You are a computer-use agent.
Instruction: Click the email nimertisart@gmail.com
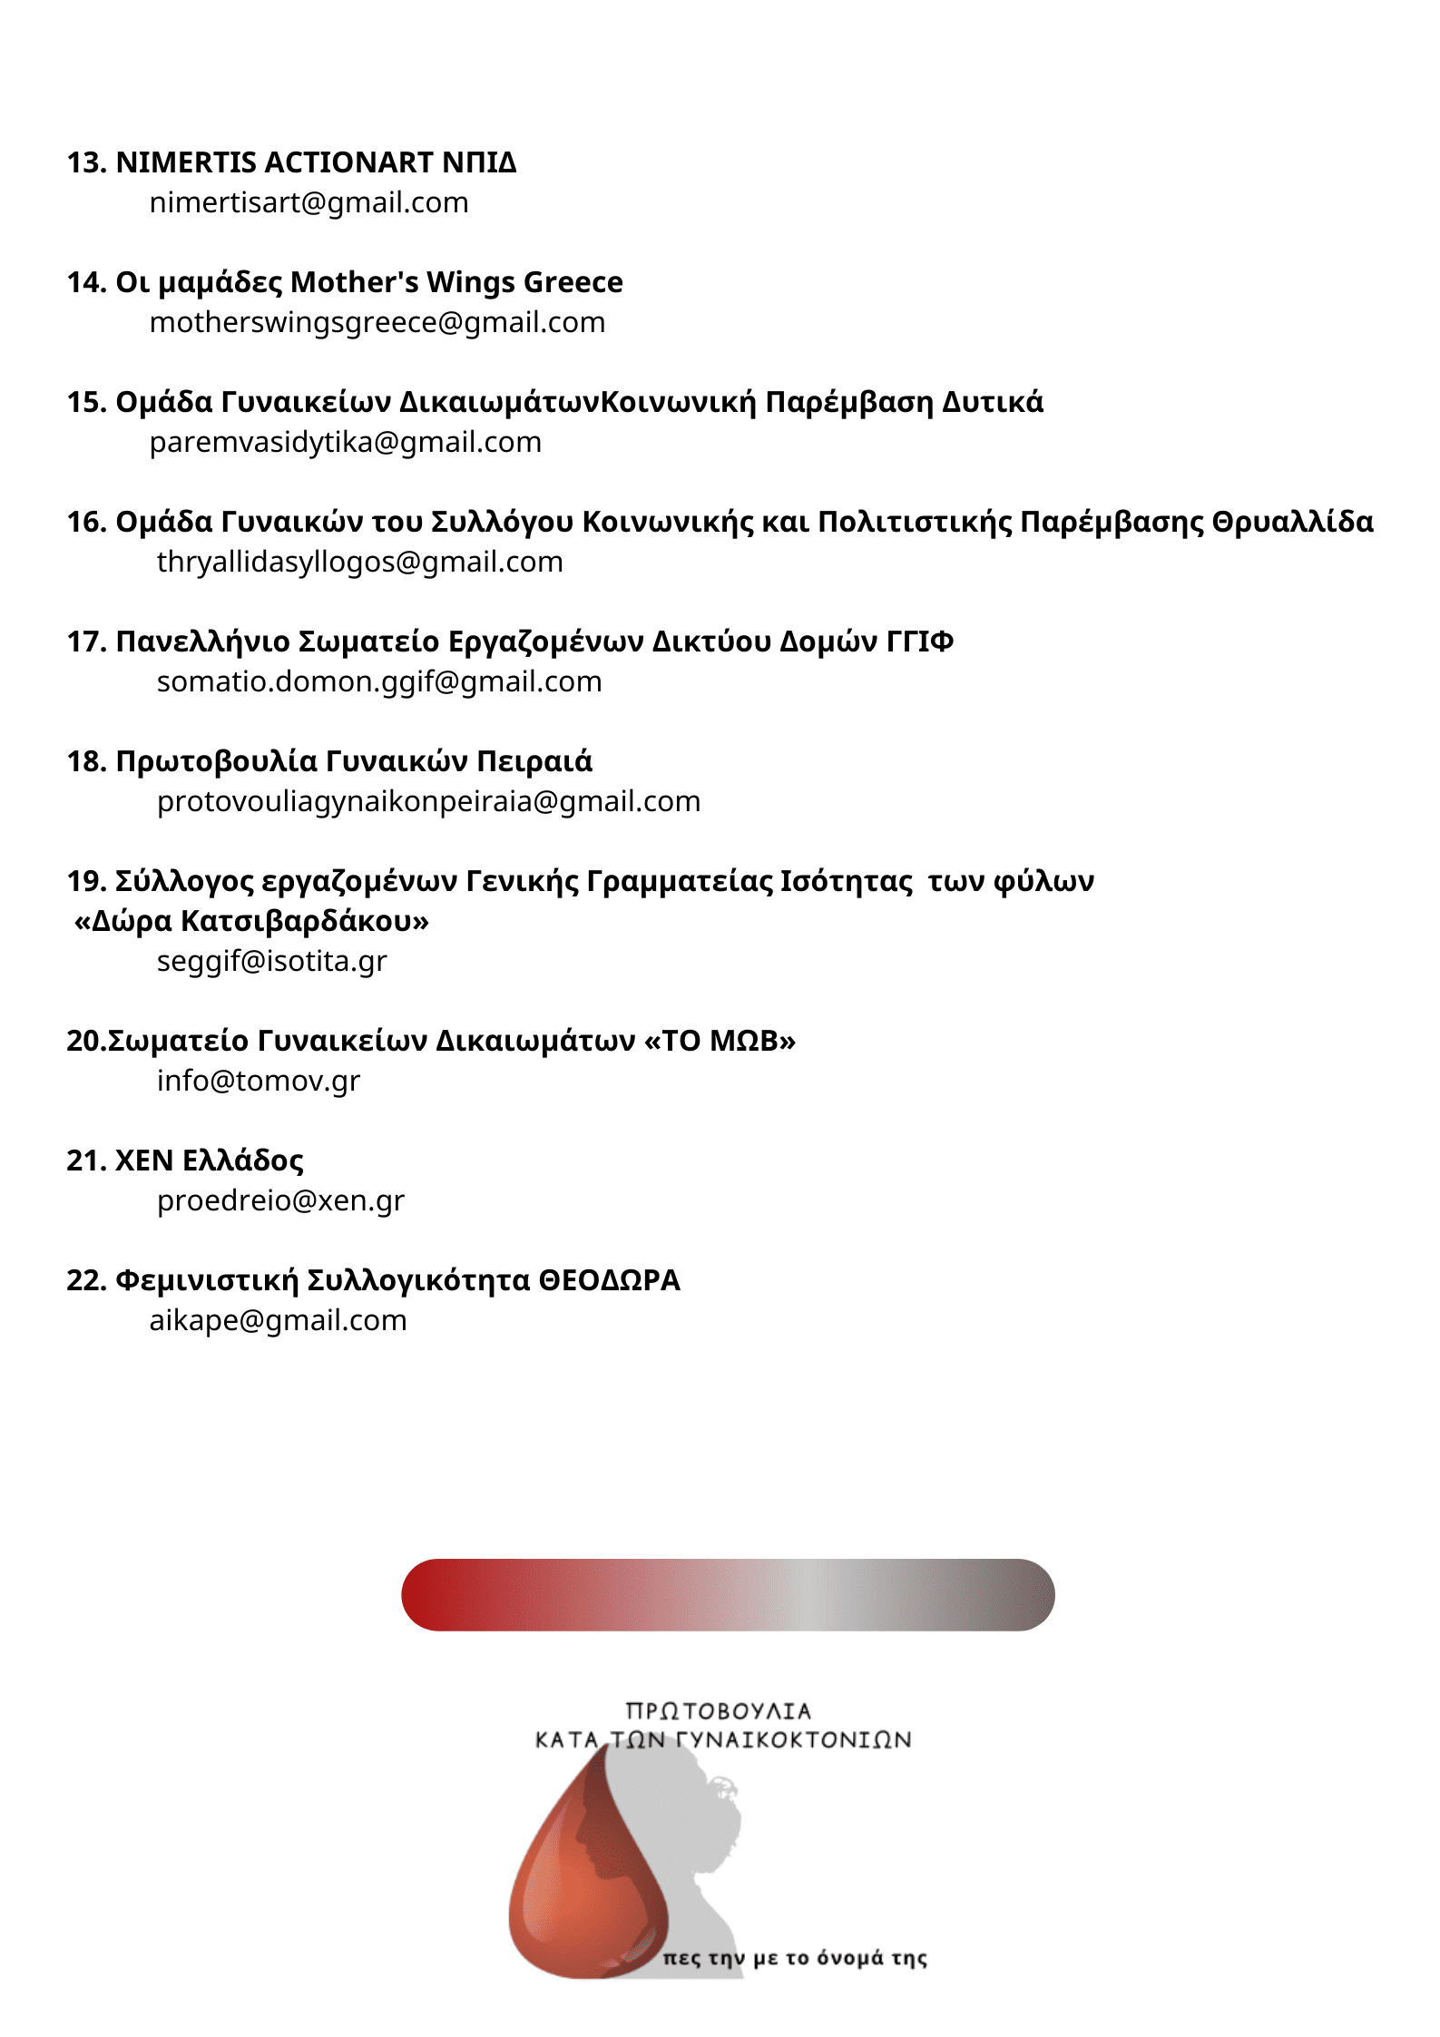(x=309, y=202)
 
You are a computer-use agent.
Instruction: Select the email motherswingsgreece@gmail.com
(x=377, y=322)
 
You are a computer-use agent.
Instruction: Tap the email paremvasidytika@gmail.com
(x=345, y=442)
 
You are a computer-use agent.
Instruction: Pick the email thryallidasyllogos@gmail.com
(x=359, y=562)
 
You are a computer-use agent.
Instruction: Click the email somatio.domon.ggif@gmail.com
(x=379, y=681)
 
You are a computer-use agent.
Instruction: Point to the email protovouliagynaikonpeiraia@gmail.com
(x=428, y=801)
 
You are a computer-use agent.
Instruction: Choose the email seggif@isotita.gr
(x=271, y=961)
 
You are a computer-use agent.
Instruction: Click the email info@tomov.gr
(x=258, y=1081)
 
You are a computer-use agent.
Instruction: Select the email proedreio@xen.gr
(x=280, y=1200)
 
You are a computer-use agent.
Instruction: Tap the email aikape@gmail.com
(x=278, y=1320)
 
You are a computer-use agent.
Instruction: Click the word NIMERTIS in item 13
(x=186, y=162)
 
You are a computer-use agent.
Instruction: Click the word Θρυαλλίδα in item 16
(x=1292, y=522)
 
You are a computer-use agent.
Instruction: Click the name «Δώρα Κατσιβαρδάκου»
(x=251, y=921)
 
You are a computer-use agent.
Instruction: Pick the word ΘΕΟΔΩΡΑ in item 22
(x=609, y=1280)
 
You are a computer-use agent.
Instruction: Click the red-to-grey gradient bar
(x=728, y=1594)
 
